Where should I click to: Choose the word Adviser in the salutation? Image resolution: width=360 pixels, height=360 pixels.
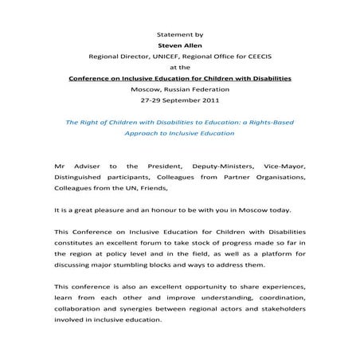84,165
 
